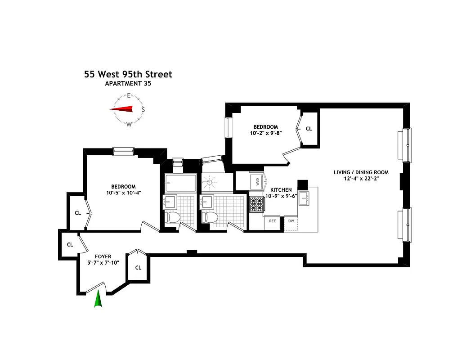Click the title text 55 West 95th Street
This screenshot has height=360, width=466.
pyautogui.click(x=128, y=74)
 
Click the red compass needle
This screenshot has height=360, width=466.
pyautogui.click(x=122, y=109)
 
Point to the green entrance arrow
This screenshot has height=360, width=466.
pyautogui.click(x=98, y=299)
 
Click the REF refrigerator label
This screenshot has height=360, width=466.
pyautogui.click(x=272, y=221)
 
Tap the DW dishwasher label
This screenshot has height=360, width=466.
pyautogui.click(x=291, y=221)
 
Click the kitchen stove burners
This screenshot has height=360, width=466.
pyautogui.click(x=256, y=205)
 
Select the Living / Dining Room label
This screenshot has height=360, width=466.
pyautogui.click(x=361, y=172)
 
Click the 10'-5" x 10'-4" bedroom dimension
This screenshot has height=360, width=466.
pyautogui.click(x=123, y=193)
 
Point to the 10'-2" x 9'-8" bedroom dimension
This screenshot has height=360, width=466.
pyautogui.click(x=265, y=133)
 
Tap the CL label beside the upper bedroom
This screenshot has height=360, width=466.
pyautogui.click(x=309, y=129)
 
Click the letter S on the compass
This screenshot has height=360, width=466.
pyautogui.click(x=143, y=109)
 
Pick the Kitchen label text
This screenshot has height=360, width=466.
pyautogui.click(x=281, y=190)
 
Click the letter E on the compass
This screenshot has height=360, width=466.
pyautogui.click(x=129, y=95)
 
